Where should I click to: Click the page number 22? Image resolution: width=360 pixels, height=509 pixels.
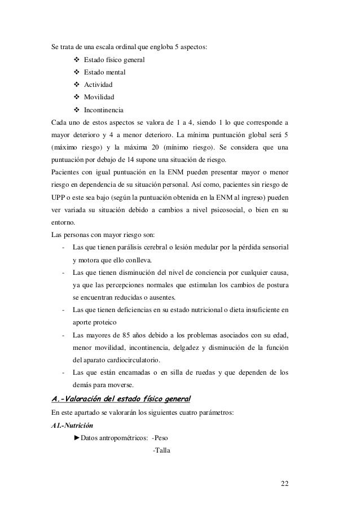(x=283, y=484)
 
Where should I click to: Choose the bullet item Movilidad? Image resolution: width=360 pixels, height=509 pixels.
(x=100, y=97)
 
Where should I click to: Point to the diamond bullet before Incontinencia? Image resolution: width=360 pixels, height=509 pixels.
(x=77, y=109)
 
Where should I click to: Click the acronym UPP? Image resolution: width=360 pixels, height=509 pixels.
(x=58, y=198)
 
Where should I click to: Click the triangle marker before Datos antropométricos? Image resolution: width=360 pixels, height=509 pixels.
(x=77, y=438)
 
